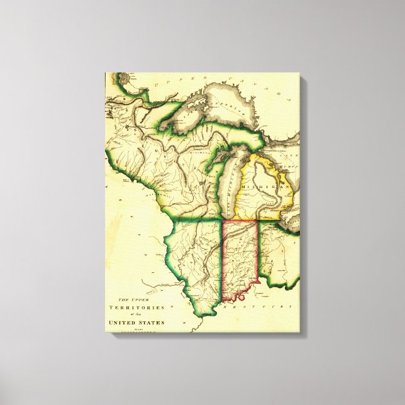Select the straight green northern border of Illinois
195,221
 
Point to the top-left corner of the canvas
106,73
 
